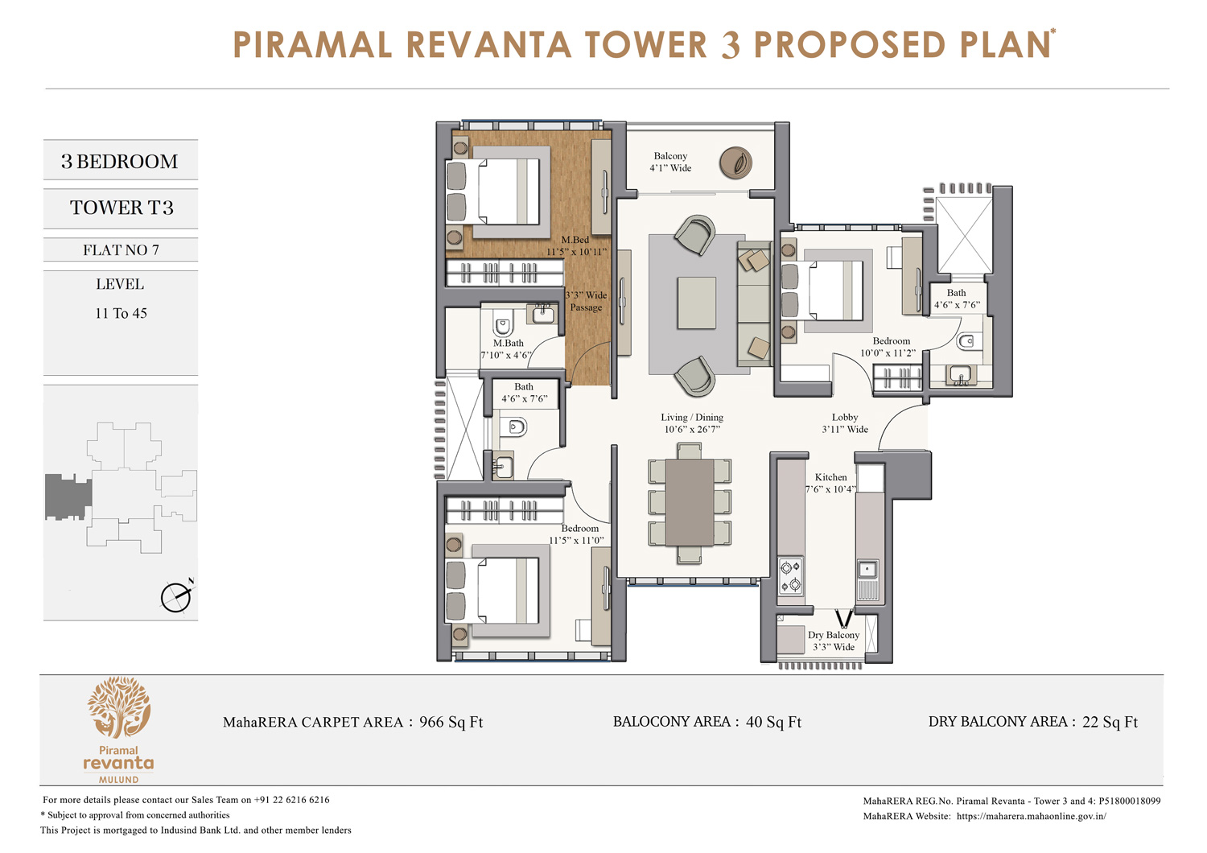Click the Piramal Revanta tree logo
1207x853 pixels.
pos(119,707)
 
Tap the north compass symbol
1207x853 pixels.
pos(176,596)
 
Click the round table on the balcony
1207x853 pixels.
pos(735,163)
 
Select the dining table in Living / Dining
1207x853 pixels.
pos(690,501)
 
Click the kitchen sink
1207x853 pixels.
pos(867,570)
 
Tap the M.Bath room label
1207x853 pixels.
pos(508,348)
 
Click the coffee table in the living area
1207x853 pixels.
pos(697,303)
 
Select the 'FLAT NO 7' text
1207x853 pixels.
pos(121,250)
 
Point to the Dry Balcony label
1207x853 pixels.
pos(834,641)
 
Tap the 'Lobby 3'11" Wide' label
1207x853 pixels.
pos(845,423)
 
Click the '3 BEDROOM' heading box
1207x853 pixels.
pos(120,161)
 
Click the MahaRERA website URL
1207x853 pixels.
pos(1032,816)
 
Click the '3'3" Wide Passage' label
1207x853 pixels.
pos(586,301)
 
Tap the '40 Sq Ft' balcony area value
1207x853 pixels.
pos(773,722)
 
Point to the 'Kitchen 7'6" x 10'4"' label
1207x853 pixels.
pos(830,483)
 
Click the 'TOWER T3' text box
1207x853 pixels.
pos(121,208)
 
